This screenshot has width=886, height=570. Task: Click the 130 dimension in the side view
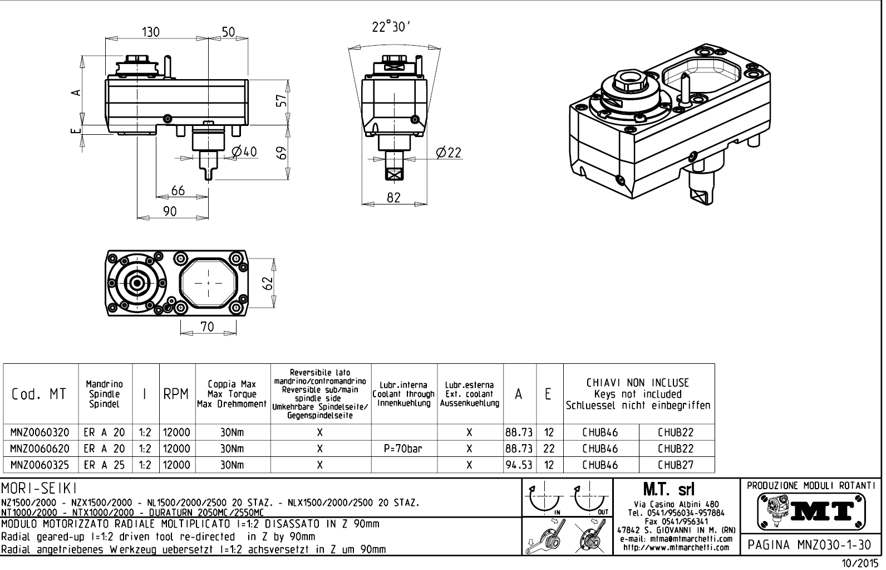pos(150,32)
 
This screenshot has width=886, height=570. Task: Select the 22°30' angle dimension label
pos(391,27)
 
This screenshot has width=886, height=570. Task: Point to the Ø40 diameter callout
pos(243,152)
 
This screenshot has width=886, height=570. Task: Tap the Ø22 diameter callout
pos(449,152)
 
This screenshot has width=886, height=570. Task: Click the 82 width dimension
pos(393,197)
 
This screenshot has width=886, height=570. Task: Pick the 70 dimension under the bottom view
pos(207,327)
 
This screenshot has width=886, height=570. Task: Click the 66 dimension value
pos(178,191)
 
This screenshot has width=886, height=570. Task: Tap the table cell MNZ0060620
pos(41,449)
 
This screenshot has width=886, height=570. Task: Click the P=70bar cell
pos(404,449)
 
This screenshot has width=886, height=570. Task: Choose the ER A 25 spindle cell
pos(105,465)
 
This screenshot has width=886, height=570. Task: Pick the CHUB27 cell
pos(676,465)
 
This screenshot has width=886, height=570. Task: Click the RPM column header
pos(177,394)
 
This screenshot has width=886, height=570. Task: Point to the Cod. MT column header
pos(39,394)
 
